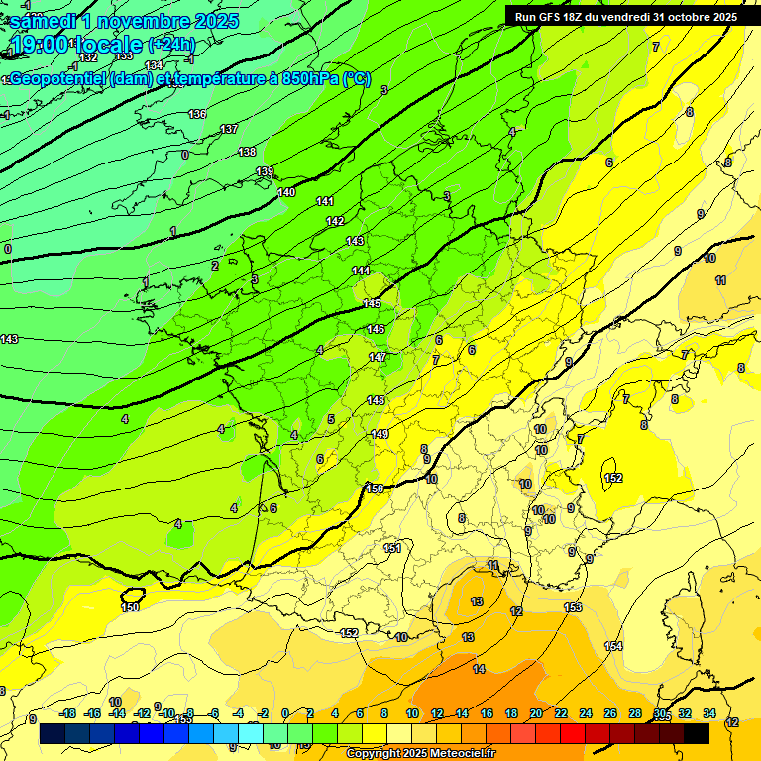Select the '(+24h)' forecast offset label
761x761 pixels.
tap(171, 45)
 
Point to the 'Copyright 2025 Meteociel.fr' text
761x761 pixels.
tap(420, 754)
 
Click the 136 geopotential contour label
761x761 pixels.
tap(198, 115)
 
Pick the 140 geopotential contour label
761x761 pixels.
tap(286, 192)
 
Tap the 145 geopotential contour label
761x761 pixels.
tap(372, 304)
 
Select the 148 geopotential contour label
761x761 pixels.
tap(377, 400)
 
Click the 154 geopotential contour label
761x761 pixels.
tap(613, 646)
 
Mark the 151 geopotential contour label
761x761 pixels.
tap(393, 548)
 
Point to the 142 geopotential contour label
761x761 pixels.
tap(335, 221)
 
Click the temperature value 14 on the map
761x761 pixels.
tap(480, 670)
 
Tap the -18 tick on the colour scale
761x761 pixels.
tap(68, 713)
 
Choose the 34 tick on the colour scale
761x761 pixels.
tap(709, 713)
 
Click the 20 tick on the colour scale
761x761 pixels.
tap(536, 713)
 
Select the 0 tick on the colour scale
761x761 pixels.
tap(285, 713)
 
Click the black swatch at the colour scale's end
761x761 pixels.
tap(697, 733)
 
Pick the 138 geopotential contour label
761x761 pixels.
tap(248, 152)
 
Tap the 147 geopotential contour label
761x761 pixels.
tap(378, 357)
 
